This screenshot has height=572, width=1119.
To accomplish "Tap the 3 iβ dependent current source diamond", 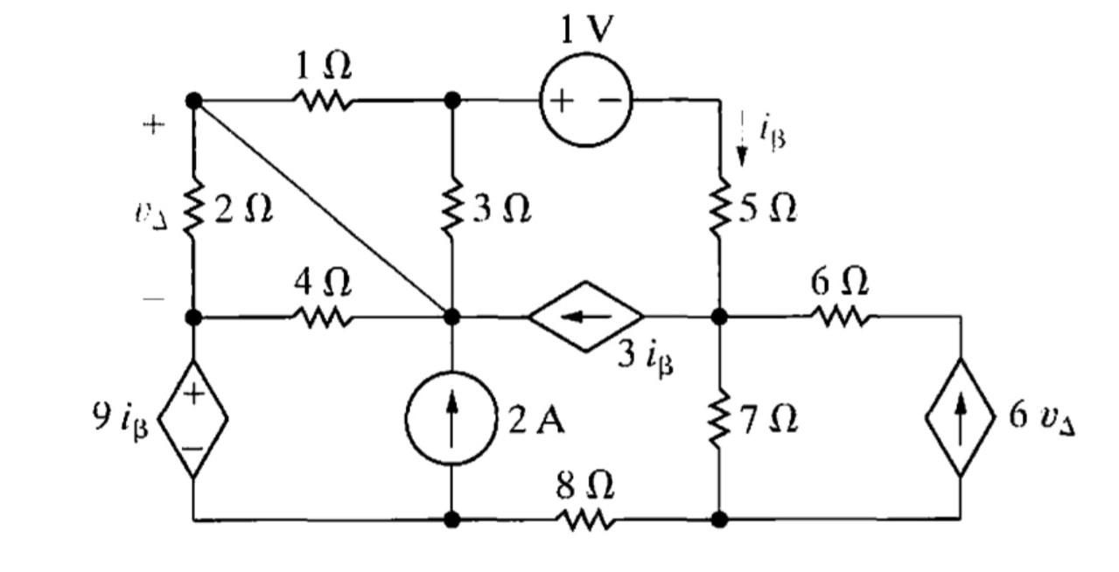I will tap(585, 316).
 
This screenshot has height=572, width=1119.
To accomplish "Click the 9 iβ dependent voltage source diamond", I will tap(193, 418).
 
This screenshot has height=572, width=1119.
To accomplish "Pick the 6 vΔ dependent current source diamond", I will tap(960, 417).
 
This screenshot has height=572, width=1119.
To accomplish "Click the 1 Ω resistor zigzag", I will tap(324, 101).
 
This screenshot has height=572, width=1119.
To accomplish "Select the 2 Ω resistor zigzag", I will tap(193, 209).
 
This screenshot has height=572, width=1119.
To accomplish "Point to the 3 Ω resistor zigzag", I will tap(452, 209).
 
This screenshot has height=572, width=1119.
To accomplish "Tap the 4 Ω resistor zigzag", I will tap(324, 317).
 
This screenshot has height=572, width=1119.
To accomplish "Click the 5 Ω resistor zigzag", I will tap(719, 209).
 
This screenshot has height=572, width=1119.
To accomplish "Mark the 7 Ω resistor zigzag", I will tap(719, 421).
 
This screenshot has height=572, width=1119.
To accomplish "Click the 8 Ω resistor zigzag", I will tap(585, 520).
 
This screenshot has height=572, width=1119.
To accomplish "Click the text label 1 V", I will tap(587, 31).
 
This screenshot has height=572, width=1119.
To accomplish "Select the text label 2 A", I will tap(536, 421).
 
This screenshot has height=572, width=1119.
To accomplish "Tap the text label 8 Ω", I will tap(585, 485).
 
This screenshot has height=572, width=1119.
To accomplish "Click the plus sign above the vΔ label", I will tap(154, 125).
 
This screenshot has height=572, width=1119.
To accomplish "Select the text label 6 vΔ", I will tap(1042, 417).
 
